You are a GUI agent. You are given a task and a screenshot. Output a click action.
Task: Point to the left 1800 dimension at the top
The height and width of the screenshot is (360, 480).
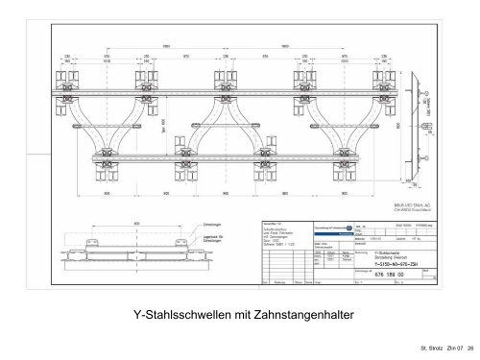[x=167, y=45]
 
